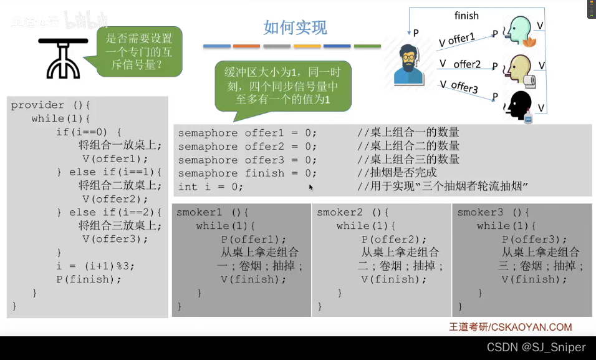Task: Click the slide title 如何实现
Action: (x=295, y=27)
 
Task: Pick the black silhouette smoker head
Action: (x=519, y=105)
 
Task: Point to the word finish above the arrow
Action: (x=466, y=16)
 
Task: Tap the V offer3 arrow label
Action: (x=459, y=86)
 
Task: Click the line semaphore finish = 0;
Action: (x=248, y=173)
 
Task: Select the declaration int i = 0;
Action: (x=210, y=187)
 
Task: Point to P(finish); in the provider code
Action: (x=89, y=279)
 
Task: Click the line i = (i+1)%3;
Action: (x=95, y=266)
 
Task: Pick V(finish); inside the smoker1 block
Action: (x=254, y=279)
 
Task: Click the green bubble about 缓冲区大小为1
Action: (x=282, y=86)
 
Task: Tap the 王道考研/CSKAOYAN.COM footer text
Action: (x=510, y=327)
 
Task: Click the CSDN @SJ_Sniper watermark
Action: (x=536, y=347)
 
